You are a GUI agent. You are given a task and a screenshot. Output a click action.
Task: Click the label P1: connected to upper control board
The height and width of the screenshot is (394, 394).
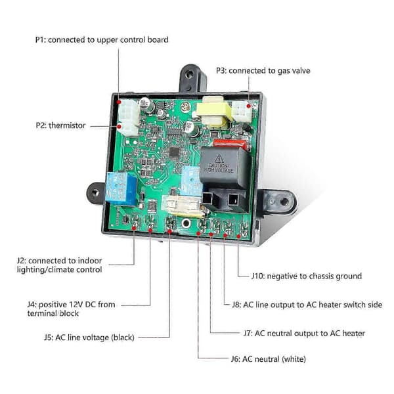click(x=102, y=39)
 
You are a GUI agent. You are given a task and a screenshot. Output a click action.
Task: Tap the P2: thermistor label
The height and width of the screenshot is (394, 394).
click(x=60, y=125)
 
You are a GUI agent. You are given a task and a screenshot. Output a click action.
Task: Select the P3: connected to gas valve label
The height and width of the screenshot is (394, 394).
click(x=263, y=71)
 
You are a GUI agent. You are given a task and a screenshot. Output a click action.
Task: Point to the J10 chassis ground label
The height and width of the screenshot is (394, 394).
click(x=307, y=276)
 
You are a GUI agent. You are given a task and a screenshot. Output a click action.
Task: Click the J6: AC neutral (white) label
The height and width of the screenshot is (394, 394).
click(x=269, y=359)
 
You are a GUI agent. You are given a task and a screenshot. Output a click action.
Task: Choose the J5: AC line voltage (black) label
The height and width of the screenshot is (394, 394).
click(x=89, y=338)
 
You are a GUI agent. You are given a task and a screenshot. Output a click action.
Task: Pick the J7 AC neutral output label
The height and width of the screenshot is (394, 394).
click(x=304, y=334)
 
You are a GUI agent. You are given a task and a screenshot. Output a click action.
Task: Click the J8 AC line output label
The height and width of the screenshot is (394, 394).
click(x=307, y=305)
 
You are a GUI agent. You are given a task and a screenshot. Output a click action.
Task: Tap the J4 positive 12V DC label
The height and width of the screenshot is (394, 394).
click(x=72, y=309)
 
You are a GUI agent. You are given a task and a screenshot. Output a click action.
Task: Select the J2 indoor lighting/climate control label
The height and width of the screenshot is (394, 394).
click(x=60, y=265)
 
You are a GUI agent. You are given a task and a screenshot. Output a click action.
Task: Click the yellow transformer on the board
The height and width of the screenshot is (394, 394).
click(x=214, y=112)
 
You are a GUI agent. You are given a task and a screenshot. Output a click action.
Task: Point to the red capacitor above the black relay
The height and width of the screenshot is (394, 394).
click(x=230, y=144)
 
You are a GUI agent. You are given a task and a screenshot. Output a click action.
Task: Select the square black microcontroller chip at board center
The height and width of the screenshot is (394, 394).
click(x=175, y=152)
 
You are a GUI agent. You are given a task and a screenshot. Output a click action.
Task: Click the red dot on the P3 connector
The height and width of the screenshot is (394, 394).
click(x=248, y=106)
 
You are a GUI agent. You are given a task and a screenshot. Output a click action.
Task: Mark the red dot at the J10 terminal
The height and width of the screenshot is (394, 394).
click(x=238, y=236)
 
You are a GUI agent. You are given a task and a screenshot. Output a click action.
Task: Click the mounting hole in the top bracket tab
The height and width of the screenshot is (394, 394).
click(x=189, y=74)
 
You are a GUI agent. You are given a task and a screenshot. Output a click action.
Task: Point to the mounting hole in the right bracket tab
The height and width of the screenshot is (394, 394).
click(x=284, y=202)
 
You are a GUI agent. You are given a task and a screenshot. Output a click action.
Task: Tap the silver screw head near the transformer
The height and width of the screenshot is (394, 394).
click(x=186, y=107)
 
